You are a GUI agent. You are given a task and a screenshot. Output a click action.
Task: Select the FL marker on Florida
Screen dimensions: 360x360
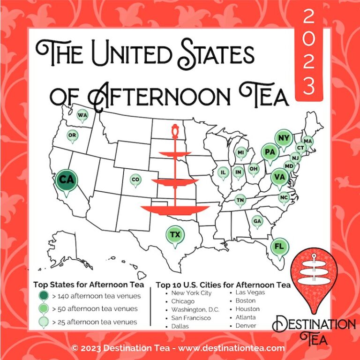[280, 246]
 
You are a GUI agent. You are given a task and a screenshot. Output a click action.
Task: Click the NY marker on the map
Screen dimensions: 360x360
[283, 138]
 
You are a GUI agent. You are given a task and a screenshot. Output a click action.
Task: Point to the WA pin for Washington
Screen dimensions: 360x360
[82, 115]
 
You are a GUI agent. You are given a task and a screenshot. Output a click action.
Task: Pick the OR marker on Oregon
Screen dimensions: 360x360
[72, 135]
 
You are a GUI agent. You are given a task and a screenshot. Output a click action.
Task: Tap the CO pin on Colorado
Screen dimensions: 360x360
[135, 180]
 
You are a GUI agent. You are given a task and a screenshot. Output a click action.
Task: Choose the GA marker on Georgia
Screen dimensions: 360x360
[257, 221]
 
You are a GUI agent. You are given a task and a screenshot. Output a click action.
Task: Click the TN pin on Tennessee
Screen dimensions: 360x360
[240, 200]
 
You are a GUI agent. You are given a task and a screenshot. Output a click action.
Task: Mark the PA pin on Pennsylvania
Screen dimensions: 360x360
[270, 152]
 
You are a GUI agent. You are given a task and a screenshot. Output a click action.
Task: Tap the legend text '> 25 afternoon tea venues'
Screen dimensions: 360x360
[94, 322]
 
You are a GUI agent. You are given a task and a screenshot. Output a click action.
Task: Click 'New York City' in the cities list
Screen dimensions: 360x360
[192, 293]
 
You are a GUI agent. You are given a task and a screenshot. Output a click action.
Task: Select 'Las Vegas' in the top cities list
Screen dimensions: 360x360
[249, 293]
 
